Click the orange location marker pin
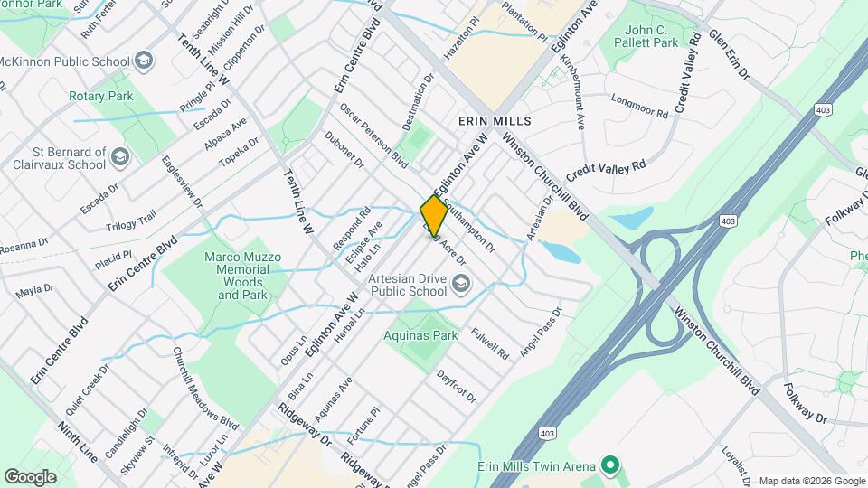click(x=434, y=216)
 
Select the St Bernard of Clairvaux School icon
click(x=119, y=159)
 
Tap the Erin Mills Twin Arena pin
click(x=610, y=466)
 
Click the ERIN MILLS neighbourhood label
click(x=494, y=120)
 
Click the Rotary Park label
click(x=100, y=96)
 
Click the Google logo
click(x=30, y=476)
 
